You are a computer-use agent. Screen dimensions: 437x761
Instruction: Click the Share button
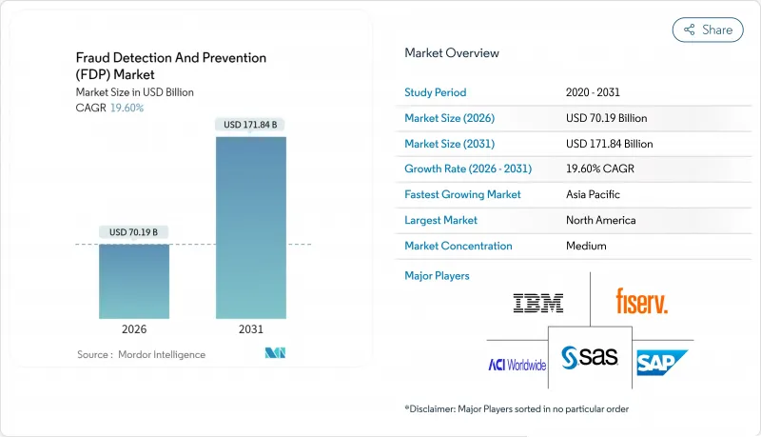(x=708, y=30)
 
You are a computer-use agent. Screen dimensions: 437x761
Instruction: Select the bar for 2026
(x=134, y=281)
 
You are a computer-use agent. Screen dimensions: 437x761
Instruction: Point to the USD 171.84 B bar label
(x=251, y=125)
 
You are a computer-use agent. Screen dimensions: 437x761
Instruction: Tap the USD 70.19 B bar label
(x=134, y=232)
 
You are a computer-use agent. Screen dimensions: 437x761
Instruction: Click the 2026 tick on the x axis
(x=134, y=328)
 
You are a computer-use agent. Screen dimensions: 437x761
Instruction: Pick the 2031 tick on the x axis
(x=251, y=328)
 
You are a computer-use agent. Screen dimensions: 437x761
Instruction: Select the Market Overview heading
(x=452, y=52)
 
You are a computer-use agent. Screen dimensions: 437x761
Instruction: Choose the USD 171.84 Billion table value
(x=609, y=144)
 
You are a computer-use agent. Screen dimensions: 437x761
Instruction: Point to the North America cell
(x=602, y=220)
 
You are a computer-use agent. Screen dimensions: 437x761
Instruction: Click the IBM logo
(x=538, y=304)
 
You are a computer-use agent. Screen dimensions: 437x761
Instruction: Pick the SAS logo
(x=590, y=357)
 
